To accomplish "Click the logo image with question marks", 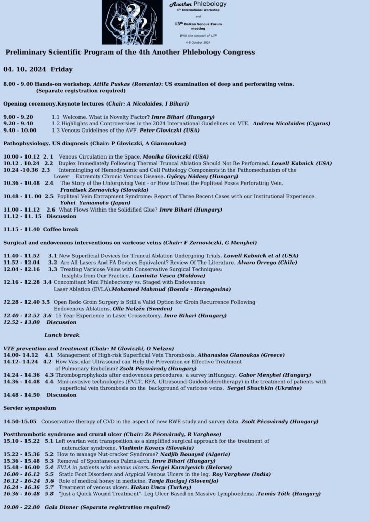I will [132, 22].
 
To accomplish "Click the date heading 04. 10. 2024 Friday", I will [38, 69].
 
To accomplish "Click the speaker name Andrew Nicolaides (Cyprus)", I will [291, 123].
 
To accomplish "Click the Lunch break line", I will [62, 335].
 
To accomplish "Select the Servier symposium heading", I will [30, 408].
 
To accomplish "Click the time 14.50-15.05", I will [20, 422].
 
